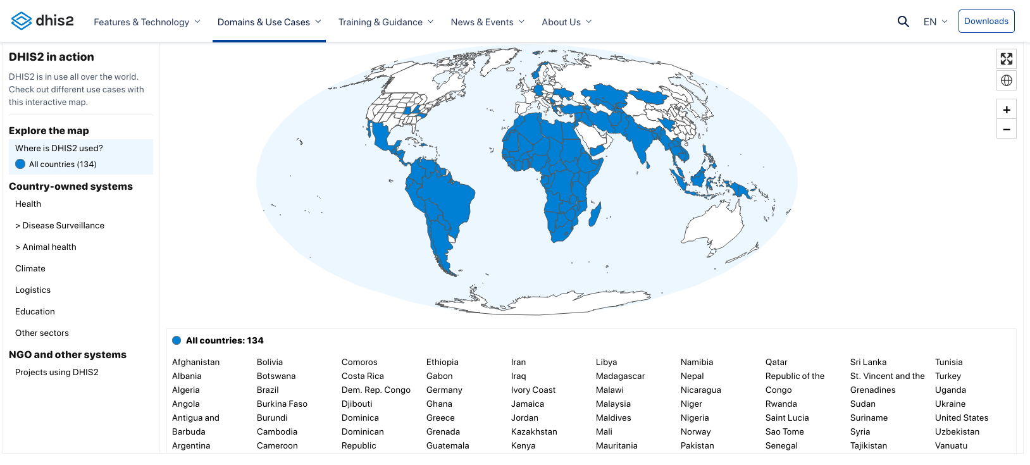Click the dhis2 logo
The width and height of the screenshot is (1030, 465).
tap(42, 21)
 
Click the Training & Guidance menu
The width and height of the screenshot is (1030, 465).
tap(385, 22)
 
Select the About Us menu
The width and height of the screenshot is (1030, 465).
tap(566, 22)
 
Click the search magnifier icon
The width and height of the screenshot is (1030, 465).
tap(903, 22)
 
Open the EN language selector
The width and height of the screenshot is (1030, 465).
tap(935, 22)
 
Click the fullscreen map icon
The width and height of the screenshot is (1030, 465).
tap(1006, 59)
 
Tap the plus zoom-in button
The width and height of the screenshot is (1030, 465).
tap(1006, 109)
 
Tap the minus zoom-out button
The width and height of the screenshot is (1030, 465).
tap(1006, 129)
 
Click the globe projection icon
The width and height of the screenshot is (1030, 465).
tap(1006, 80)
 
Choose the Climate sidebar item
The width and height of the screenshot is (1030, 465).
tap(30, 268)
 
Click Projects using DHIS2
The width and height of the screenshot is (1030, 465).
tap(57, 372)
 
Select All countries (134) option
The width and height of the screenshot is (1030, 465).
tap(62, 164)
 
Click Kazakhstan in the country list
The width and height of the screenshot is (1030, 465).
tap(534, 431)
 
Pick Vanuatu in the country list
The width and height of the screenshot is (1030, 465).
tap(951, 445)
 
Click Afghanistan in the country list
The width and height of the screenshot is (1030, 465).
tap(195, 362)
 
